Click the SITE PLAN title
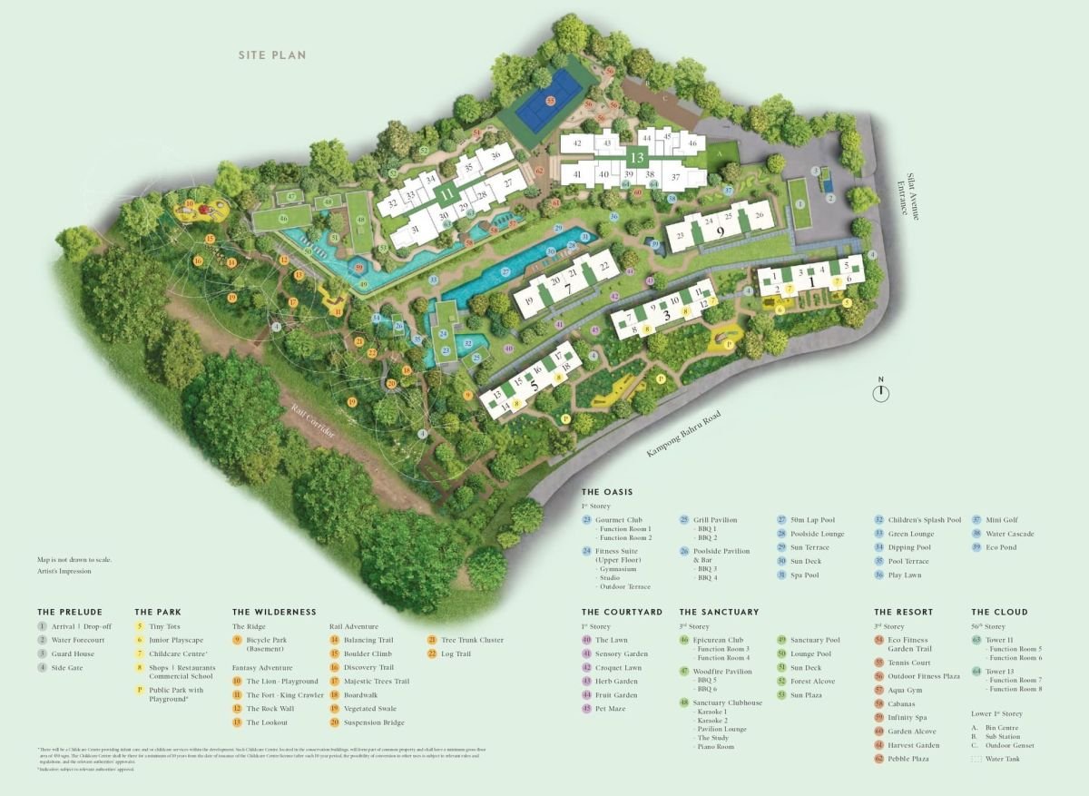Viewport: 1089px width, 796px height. point(272,55)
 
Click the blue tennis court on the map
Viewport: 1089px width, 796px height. point(548,98)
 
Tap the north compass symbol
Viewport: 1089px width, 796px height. point(881,392)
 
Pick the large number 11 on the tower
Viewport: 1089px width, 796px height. point(446,193)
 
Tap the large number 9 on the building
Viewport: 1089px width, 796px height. point(720,231)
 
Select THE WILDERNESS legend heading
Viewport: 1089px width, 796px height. point(274,613)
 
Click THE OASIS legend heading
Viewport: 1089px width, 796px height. point(608,492)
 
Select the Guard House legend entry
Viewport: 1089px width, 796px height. point(72,654)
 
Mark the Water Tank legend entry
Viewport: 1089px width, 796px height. point(1002,759)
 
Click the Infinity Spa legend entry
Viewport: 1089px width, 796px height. point(907,718)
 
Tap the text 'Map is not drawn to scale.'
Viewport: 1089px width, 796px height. point(74,560)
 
